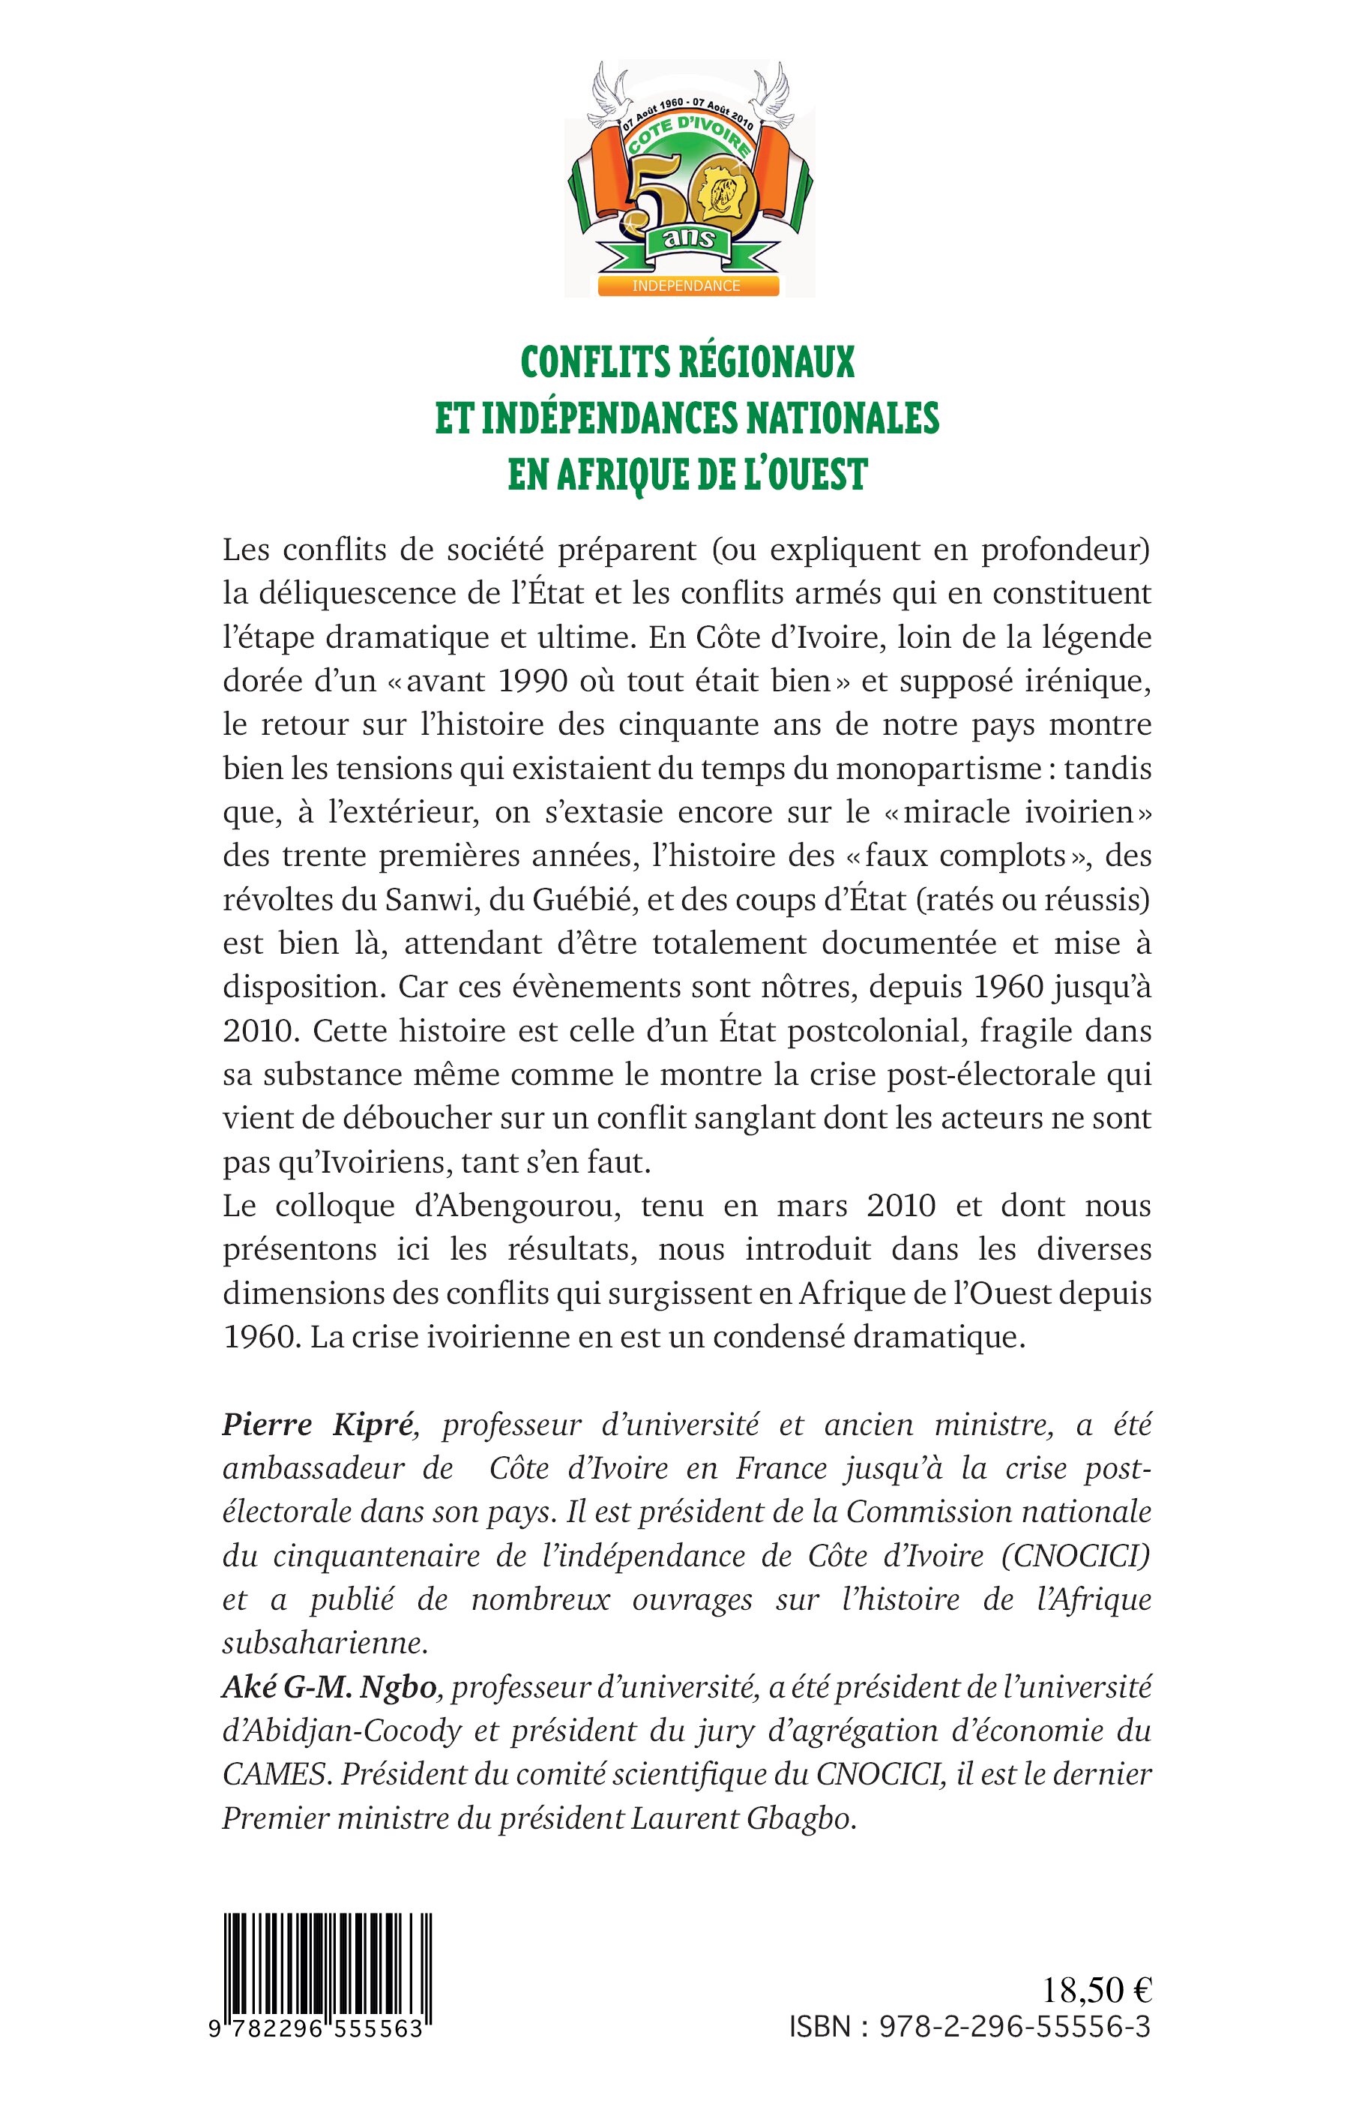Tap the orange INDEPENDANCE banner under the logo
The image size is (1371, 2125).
click(687, 286)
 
